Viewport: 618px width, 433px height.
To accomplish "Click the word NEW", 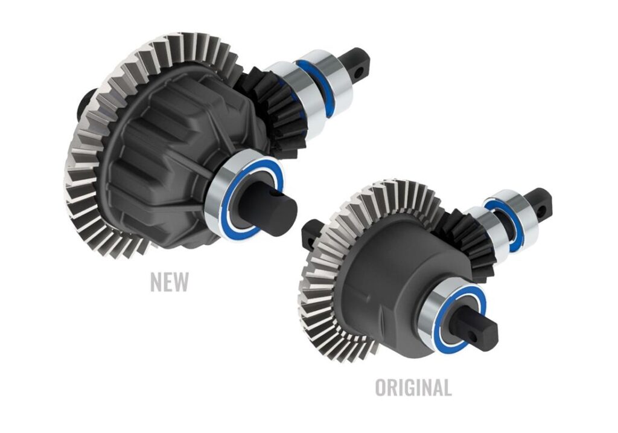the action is (170, 281).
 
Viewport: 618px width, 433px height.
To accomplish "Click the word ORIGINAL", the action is (413, 387).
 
